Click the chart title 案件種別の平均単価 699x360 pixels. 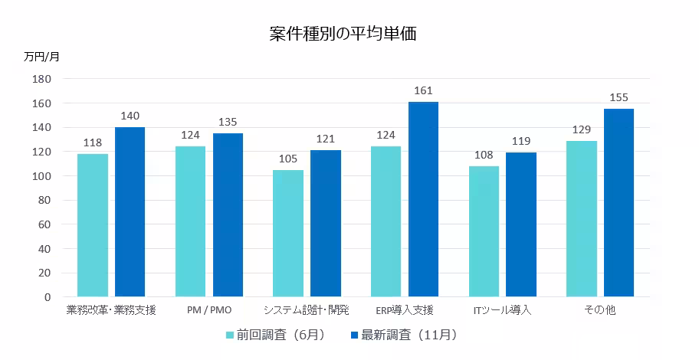click(343, 34)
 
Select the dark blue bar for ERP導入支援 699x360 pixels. click(423, 199)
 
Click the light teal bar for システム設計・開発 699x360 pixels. click(288, 233)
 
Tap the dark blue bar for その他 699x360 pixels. click(619, 203)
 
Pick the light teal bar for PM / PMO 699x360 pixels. click(190, 221)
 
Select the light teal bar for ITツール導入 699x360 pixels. click(484, 231)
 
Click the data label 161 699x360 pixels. click(423, 91)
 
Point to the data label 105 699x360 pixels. click(288, 159)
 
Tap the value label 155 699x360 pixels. click(619, 98)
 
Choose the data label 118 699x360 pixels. click(93, 143)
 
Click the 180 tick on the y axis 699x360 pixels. click(41, 79)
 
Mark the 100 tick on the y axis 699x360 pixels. click(41, 176)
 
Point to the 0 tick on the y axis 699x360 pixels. click(47, 297)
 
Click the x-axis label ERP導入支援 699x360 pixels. click(405, 310)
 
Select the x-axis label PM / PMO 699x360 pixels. click(209, 310)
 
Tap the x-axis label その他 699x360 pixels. click(599, 310)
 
